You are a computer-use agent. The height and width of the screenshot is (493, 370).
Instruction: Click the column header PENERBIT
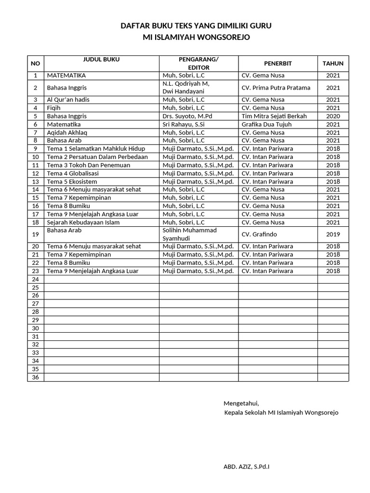(277, 64)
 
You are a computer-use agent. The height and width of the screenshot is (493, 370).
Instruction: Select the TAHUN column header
(333, 64)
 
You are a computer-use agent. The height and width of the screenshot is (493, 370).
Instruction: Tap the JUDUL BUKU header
(101, 60)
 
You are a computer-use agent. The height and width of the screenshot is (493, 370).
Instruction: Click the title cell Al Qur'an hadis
(68, 100)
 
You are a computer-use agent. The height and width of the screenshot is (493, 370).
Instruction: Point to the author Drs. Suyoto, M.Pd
(187, 116)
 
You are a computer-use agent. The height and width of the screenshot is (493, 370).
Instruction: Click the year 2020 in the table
(333, 116)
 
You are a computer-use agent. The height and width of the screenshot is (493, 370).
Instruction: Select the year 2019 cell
(333, 234)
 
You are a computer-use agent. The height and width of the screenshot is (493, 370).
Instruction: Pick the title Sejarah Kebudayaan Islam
(82, 222)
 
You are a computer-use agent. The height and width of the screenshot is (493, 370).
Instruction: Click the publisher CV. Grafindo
(260, 234)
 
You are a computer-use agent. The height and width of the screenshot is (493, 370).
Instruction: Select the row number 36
(35, 377)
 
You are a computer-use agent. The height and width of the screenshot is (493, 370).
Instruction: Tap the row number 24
(35, 279)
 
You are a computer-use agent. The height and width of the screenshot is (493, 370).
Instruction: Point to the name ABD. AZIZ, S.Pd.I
(247, 467)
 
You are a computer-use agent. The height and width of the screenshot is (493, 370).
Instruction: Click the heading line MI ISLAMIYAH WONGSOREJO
(196, 37)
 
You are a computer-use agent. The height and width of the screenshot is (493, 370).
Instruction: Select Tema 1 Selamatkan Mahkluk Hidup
(96, 149)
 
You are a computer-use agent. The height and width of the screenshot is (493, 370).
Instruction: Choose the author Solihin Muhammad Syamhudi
(189, 234)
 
